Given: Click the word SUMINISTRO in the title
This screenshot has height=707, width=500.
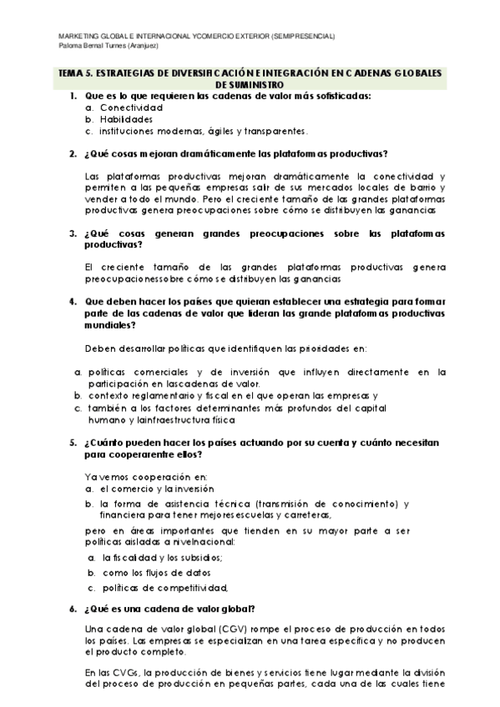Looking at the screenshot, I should click(250, 84).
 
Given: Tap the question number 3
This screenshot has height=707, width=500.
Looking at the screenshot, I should click(73, 233).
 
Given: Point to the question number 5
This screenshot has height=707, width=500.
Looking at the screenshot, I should click(73, 444).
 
